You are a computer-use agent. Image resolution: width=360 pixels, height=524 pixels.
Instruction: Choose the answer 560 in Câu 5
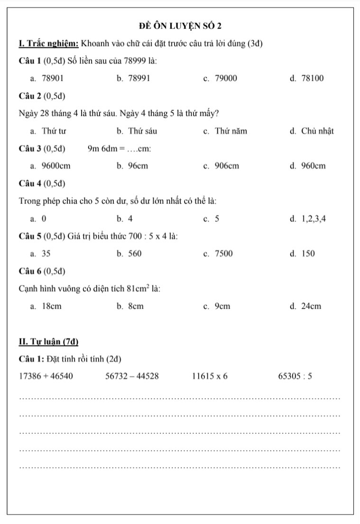point(135,254)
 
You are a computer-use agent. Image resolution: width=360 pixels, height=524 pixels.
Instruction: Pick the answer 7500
point(224,254)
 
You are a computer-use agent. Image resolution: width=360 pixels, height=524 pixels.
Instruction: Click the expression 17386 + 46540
point(46,377)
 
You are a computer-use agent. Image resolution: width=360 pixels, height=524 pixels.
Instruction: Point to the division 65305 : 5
point(295,377)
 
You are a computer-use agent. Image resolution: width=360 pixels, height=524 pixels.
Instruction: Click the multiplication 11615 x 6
point(210,377)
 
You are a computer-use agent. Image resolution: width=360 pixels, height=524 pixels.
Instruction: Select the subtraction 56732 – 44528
point(132,377)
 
